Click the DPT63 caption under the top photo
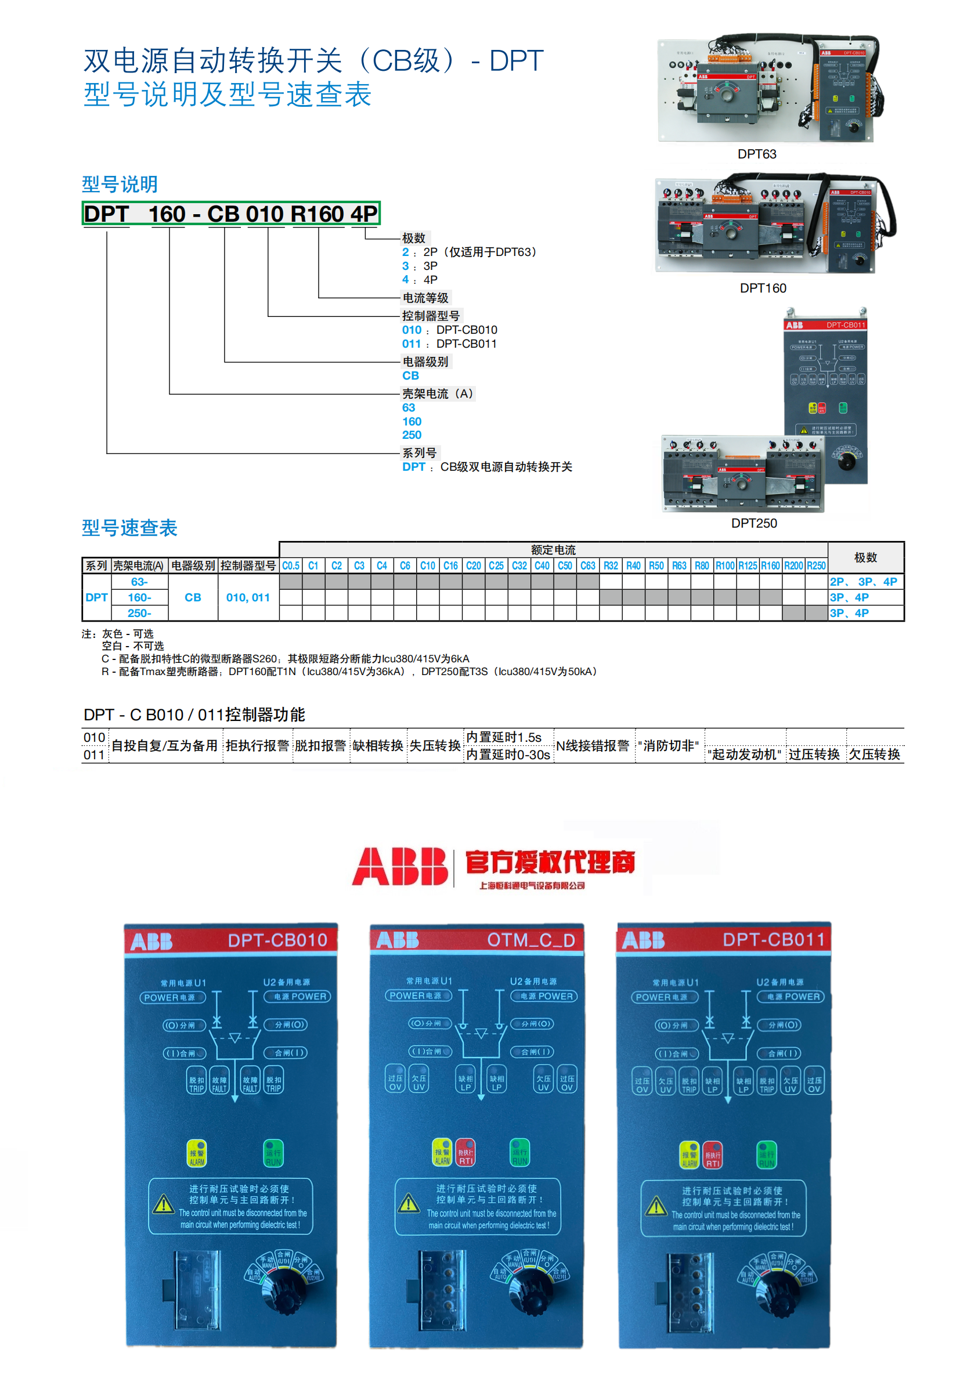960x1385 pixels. point(756,154)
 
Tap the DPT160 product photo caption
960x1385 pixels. point(762,288)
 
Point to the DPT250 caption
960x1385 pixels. point(754,523)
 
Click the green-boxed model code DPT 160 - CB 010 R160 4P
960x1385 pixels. point(231,214)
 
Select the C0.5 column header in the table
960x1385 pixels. point(291,566)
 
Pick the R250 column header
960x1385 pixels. point(815,566)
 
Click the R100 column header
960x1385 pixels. point(725,566)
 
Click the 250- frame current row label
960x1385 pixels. point(139,613)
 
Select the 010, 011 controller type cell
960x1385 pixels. point(248,597)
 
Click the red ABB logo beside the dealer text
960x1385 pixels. point(400,867)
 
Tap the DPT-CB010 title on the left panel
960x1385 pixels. point(277,940)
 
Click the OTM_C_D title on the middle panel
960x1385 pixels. point(530,939)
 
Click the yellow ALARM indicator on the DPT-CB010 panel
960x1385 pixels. point(197,1153)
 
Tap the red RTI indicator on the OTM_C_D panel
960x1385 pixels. point(465,1152)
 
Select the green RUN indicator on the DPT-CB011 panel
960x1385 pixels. point(766,1155)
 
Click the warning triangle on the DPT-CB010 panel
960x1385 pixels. point(163,1204)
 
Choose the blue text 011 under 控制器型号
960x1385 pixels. point(412,344)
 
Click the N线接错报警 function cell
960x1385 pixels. point(593,746)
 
